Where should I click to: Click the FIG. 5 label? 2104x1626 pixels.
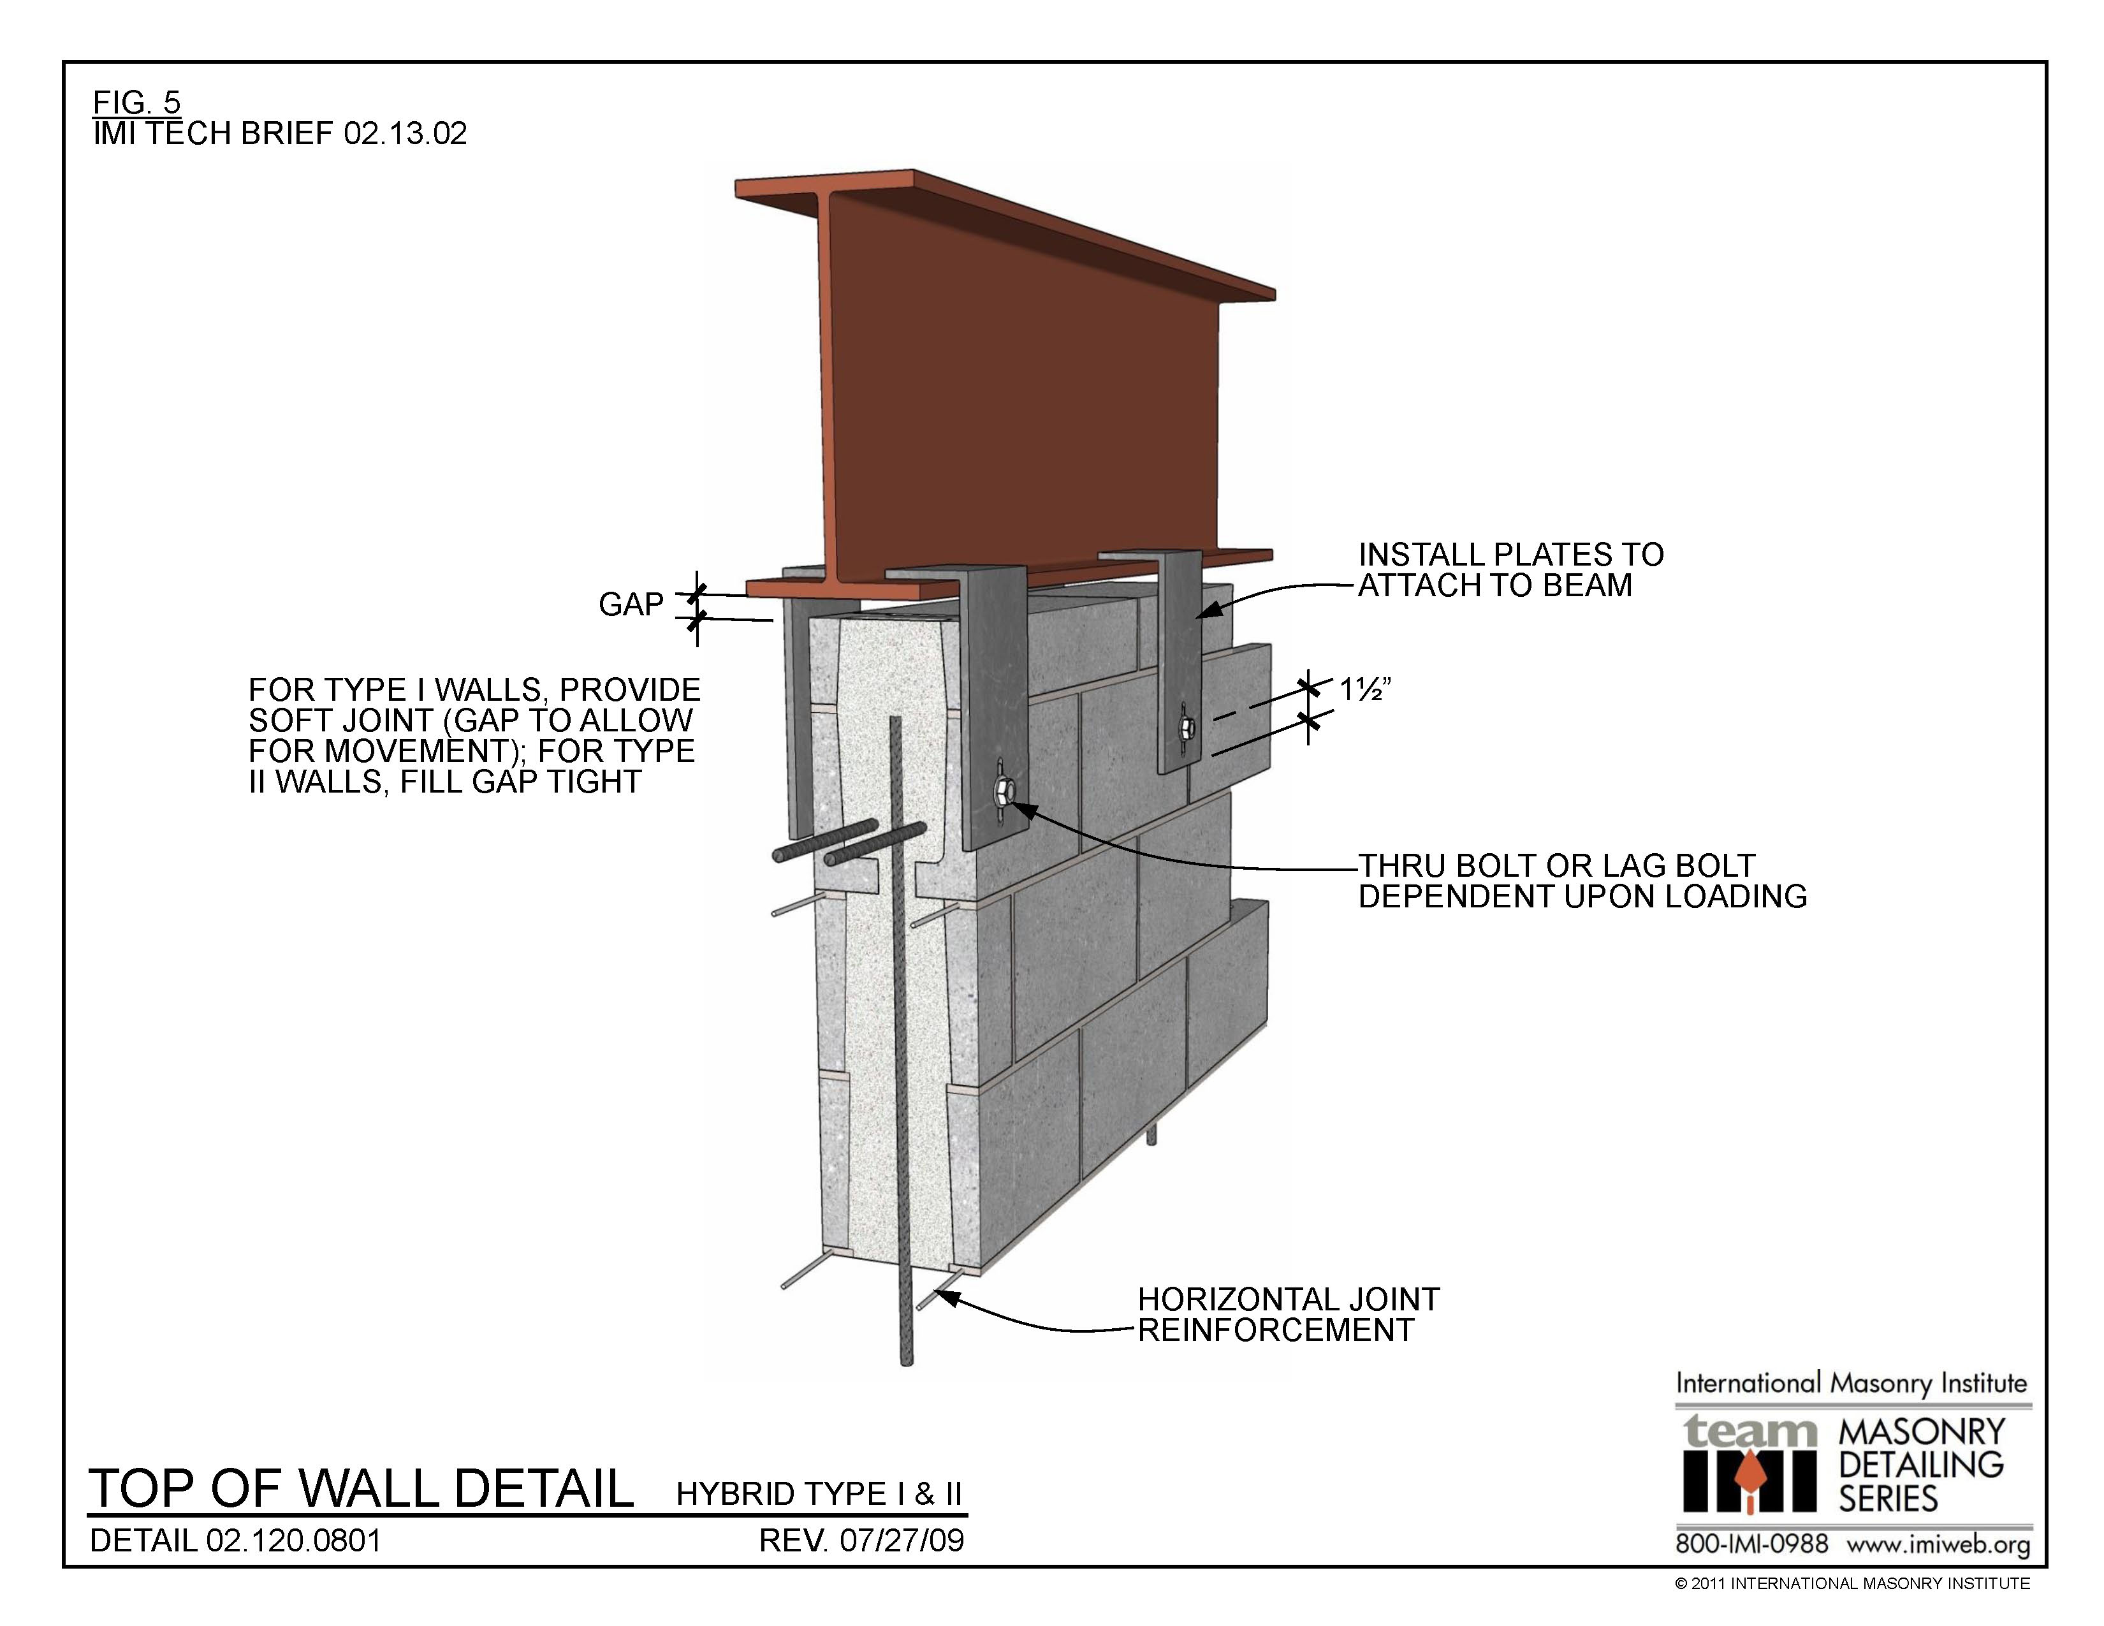pos(136,101)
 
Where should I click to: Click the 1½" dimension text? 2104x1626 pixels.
pos(1365,690)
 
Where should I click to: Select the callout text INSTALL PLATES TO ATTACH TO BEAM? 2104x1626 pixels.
pos(1510,569)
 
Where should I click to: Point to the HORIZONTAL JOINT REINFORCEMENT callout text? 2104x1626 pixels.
pos(1287,1314)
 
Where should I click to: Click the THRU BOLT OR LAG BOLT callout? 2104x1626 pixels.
pos(1581,881)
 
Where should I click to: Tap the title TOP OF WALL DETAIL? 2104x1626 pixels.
pos(362,1488)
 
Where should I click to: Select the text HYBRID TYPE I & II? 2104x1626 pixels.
pos(819,1493)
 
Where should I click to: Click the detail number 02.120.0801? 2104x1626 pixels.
pos(294,1541)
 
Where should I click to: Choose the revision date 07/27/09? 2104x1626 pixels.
pos(901,1541)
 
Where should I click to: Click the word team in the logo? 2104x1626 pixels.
pos(1750,1432)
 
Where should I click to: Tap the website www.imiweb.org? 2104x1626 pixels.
pos(1938,1545)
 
